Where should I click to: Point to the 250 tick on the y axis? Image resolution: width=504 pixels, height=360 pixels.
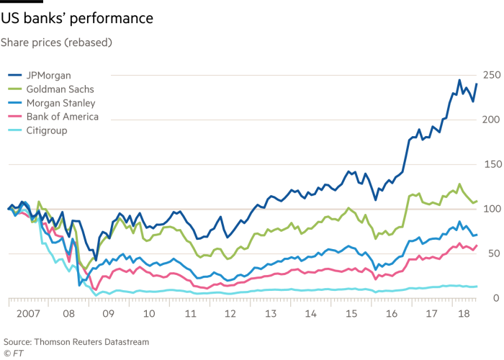[491, 75]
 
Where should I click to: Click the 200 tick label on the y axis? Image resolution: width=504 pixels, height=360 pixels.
[491, 120]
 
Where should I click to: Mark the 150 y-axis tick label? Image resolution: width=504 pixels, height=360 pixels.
[491, 164]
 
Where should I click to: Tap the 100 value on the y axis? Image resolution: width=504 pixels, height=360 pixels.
[491, 209]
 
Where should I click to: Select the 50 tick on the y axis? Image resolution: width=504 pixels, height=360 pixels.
[492, 253]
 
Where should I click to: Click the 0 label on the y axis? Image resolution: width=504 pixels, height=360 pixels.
[495, 298]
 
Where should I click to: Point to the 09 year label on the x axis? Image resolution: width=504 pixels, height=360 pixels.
[109, 315]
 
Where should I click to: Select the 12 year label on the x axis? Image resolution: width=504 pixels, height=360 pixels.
[231, 315]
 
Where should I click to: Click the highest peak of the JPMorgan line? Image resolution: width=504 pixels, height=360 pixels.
[459, 79]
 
